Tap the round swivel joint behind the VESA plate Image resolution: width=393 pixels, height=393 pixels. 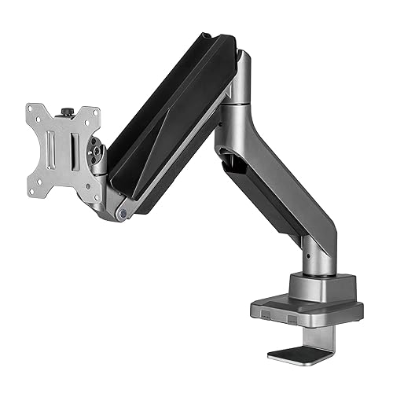pyautogui.click(x=98, y=149)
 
